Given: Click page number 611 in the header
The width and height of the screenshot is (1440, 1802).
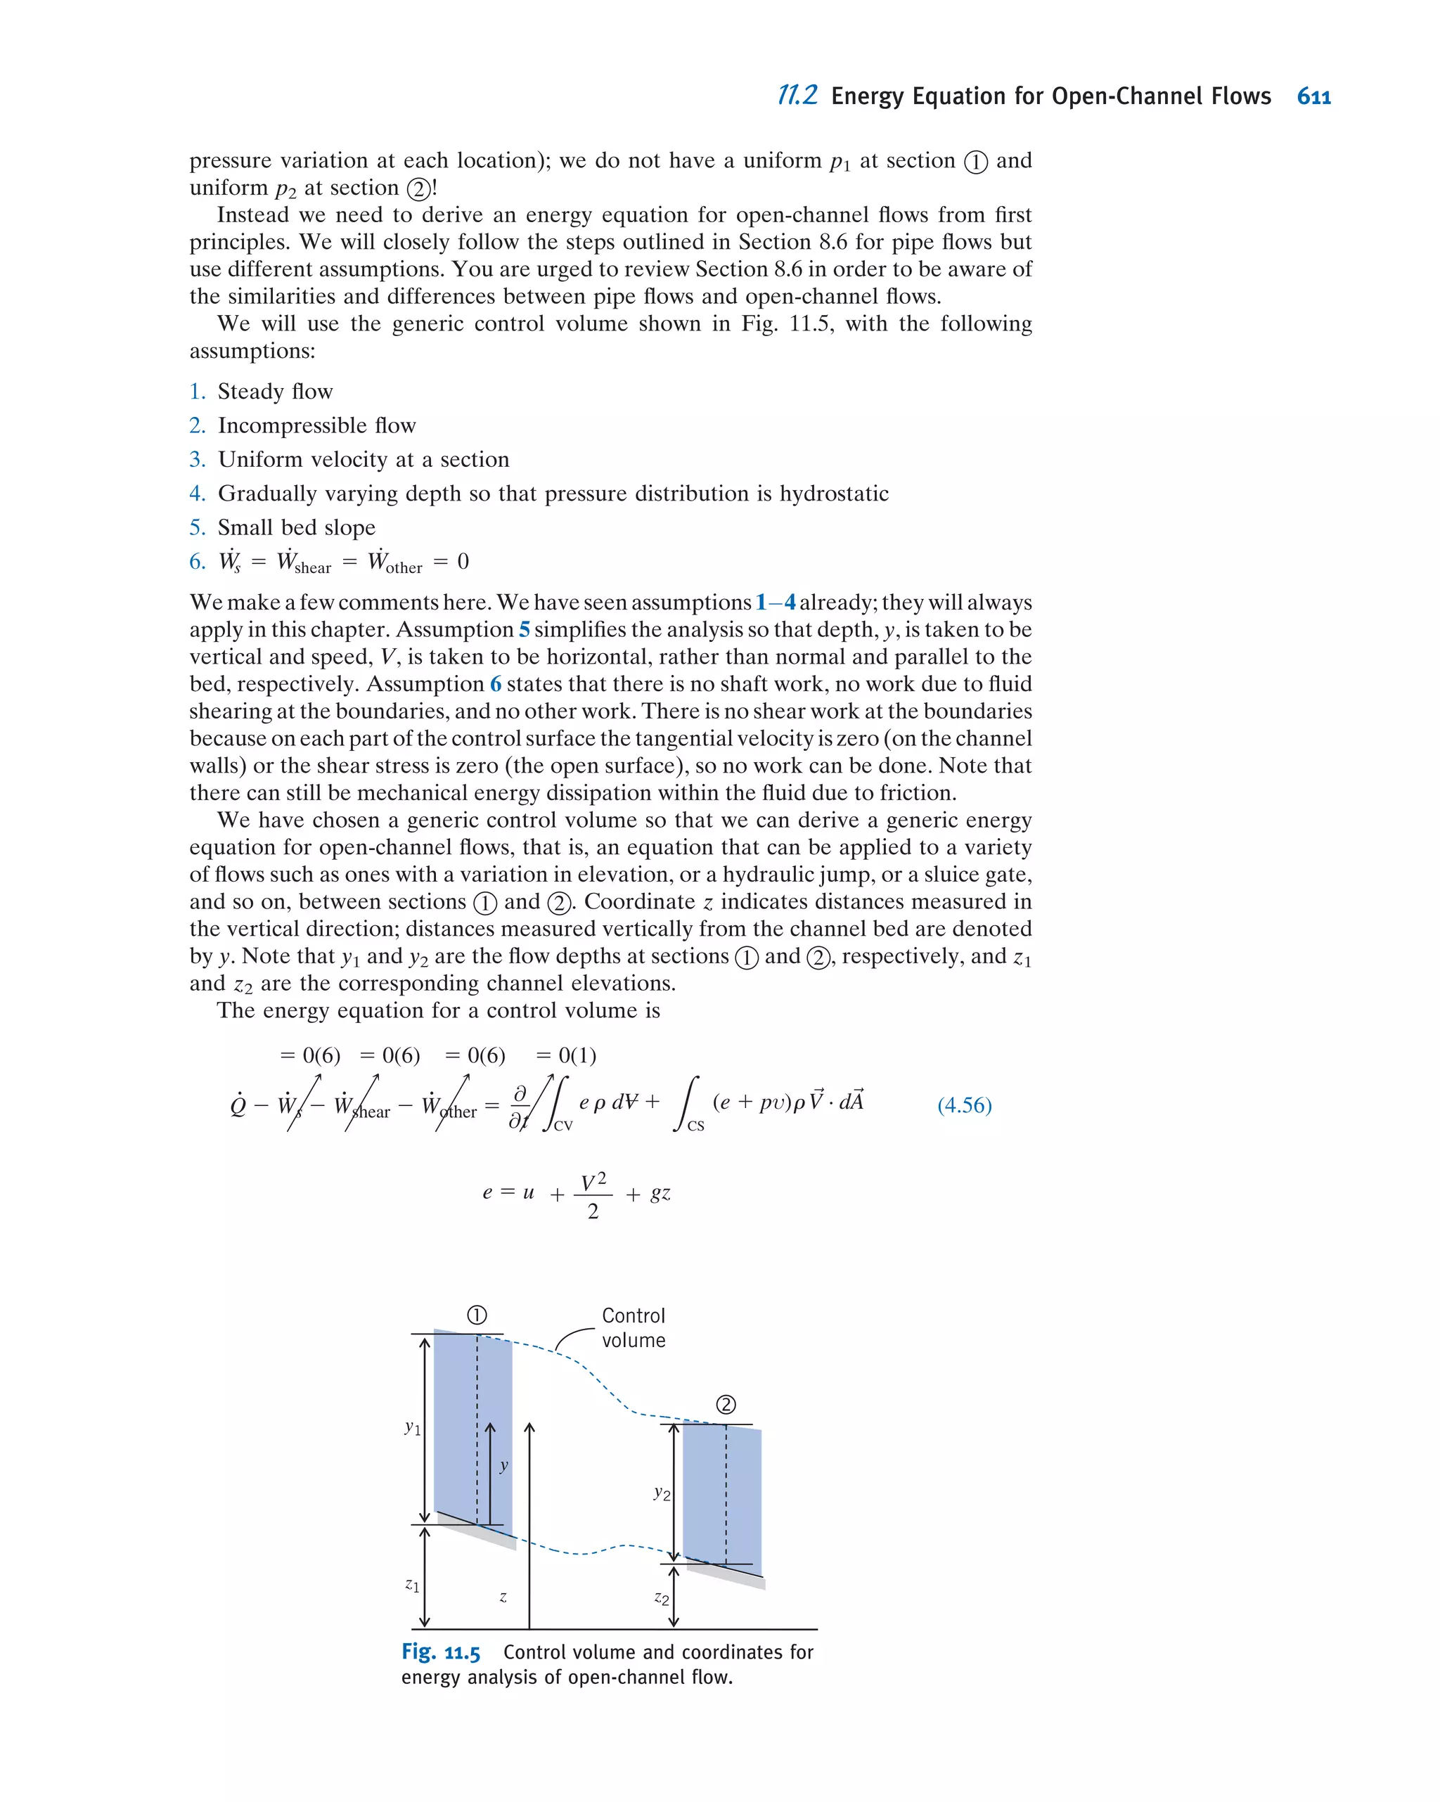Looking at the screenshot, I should point(1313,97).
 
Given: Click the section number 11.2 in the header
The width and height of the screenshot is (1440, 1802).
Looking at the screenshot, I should point(797,96).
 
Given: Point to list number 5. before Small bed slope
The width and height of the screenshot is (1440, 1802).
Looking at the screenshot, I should point(198,527).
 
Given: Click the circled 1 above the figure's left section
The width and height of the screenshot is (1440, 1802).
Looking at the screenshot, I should point(477,1315).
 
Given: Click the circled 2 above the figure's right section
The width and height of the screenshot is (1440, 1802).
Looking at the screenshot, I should point(726,1405).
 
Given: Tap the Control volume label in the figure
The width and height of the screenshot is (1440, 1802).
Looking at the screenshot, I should point(634,1327).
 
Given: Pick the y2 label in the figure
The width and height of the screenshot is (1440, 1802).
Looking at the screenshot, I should point(661,1492).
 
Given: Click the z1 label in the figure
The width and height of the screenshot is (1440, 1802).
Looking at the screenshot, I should point(412,1585).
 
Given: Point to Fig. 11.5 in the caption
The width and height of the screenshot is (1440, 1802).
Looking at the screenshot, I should point(440,1652).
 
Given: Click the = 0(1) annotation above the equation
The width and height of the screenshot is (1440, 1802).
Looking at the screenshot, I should point(566,1055).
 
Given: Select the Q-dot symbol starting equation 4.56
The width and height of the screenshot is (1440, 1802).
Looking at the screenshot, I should point(238,1105).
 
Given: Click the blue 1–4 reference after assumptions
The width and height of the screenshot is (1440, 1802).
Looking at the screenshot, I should point(775,603).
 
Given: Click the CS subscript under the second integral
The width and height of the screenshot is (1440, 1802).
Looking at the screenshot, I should point(695,1126).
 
